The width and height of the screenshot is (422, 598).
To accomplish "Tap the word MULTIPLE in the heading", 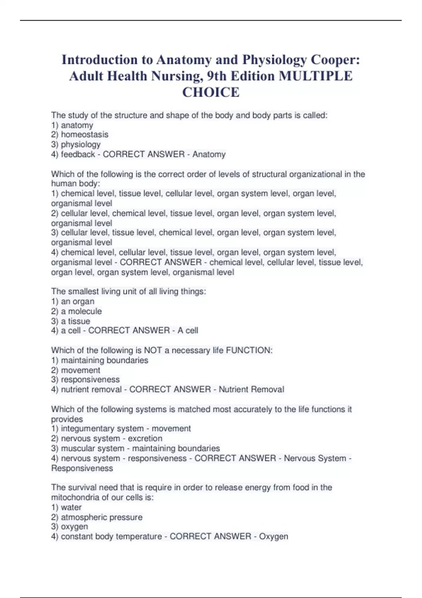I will click(315, 76).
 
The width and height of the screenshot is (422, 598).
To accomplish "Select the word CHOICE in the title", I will click(211, 92).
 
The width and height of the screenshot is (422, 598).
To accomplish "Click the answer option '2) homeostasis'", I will click(80, 134).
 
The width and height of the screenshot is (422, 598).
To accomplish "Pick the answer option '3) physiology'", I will click(76, 144).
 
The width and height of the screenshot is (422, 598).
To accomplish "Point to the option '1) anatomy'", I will click(72, 125).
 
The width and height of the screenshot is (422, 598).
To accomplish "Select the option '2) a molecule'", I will click(76, 311).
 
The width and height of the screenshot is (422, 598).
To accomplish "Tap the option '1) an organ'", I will click(73, 301).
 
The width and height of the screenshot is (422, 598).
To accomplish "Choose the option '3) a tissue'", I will click(71, 321).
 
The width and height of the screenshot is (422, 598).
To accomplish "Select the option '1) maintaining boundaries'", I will click(100, 360).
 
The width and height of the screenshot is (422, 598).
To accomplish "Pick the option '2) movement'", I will click(76, 370).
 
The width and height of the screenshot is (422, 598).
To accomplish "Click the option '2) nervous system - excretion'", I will click(107, 438).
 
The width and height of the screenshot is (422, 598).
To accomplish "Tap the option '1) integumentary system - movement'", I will click(121, 428).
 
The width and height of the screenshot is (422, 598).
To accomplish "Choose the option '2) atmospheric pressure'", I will click(97, 517).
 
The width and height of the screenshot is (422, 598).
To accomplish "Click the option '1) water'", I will click(66, 507).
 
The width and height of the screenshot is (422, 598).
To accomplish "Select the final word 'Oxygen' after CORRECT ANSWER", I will click(274, 536).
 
